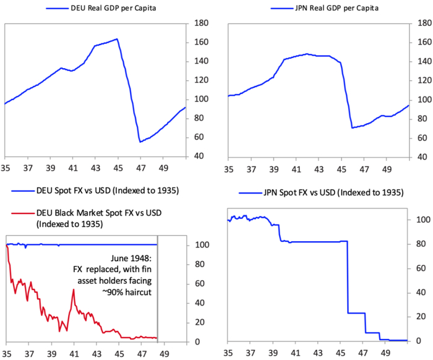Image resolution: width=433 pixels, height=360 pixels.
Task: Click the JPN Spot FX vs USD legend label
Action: tap(328, 193)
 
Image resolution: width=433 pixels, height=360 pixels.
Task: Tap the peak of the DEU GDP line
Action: tap(117, 39)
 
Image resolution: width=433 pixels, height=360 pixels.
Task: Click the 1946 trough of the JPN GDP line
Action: tap(352, 127)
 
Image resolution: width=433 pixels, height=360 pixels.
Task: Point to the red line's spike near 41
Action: tap(73, 289)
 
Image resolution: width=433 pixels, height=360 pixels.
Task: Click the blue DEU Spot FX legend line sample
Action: tap(22, 191)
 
